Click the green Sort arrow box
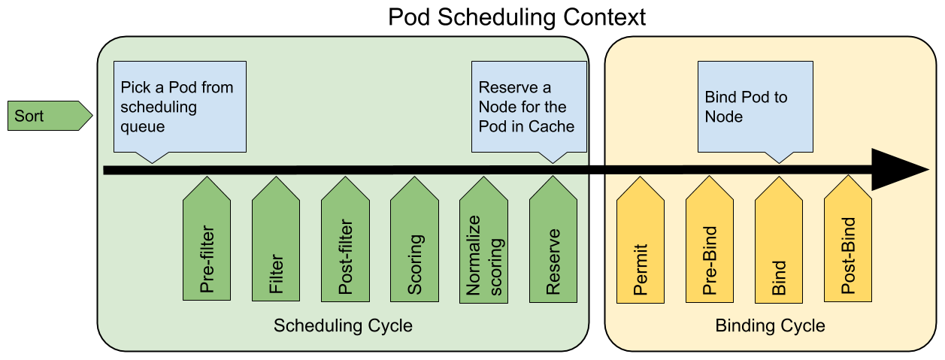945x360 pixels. click(x=47, y=116)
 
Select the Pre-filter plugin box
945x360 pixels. click(x=207, y=244)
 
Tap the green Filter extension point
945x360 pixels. click(x=276, y=244)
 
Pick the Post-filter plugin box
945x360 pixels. click(x=345, y=244)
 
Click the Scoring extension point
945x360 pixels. click(x=414, y=244)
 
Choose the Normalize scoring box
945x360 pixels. click(x=483, y=244)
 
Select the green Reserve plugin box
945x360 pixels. click(x=553, y=244)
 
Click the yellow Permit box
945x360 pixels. click(x=640, y=244)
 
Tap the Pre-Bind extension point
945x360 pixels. click(x=709, y=244)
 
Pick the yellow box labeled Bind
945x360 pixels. click(x=778, y=244)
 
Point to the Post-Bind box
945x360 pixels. click(x=848, y=244)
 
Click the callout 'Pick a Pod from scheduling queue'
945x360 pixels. click(x=180, y=107)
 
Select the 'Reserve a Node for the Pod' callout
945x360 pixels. click(x=529, y=107)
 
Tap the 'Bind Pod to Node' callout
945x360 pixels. click(x=755, y=107)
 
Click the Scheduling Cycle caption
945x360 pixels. click(x=343, y=326)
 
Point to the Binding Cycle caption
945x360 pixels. click(x=770, y=326)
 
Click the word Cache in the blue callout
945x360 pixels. click(x=551, y=126)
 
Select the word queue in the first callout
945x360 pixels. click(x=142, y=126)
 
